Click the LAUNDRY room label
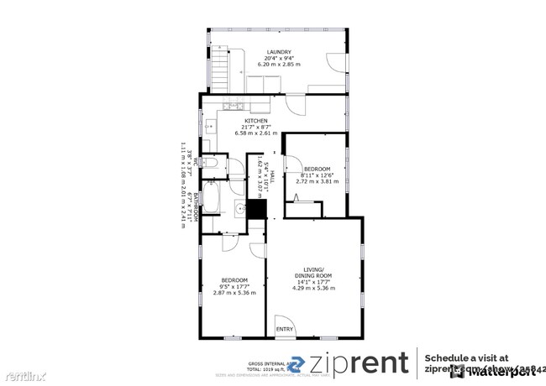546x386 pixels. click(278, 51)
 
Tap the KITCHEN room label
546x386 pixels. click(233, 121)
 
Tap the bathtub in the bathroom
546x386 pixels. click(213, 200)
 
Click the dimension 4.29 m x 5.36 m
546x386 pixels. click(313, 289)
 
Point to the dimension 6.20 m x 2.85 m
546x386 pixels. click(279, 64)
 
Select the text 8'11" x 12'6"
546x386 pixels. click(317, 175)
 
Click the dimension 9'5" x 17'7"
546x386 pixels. click(234, 286)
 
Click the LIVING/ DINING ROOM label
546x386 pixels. click(313, 273)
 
